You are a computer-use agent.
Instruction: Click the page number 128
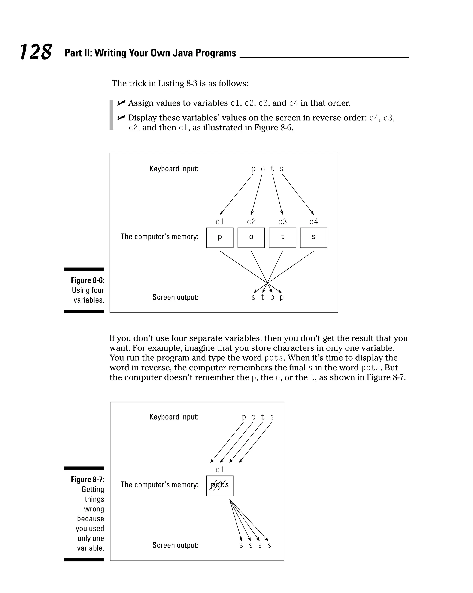pyautogui.click(x=36, y=52)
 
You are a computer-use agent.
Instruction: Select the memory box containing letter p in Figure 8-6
pyautogui.click(x=220, y=238)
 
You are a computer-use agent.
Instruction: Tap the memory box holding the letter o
pyautogui.click(x=251, y=238)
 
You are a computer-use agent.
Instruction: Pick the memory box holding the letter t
pyautogui.click(x=282, y=238)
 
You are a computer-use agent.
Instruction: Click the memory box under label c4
pyautogui.click(x=313, y=238)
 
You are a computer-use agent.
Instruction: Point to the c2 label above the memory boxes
pyautogui.click(x=251, y=221)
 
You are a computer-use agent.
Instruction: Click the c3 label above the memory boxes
pyautogui.click(x=282, y=221)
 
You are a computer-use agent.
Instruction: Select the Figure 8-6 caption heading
pyautogui.click(x=88, y=280)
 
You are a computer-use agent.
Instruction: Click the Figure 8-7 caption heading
pyautogui.click(x=88, y=479)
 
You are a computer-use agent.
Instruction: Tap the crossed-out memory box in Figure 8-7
pyautogui.click(x=220, y=486)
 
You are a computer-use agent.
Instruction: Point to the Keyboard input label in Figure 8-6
pyautogui.click(x=174, y=169)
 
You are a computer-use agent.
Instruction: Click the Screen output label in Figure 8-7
pyautogui.click(x=176, y=545)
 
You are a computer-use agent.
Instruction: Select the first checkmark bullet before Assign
pyautogui.click(x=121, y=103)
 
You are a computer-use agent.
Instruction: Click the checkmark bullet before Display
pyautogui.click(x=121, y=118)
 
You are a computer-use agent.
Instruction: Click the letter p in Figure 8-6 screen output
pyautogui.click(x=282, y=297)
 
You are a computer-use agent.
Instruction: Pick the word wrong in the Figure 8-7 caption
pyautogui.click(x=94, y=509)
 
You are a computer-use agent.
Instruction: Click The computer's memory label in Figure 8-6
pyautogui.click(x=160, y=237)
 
